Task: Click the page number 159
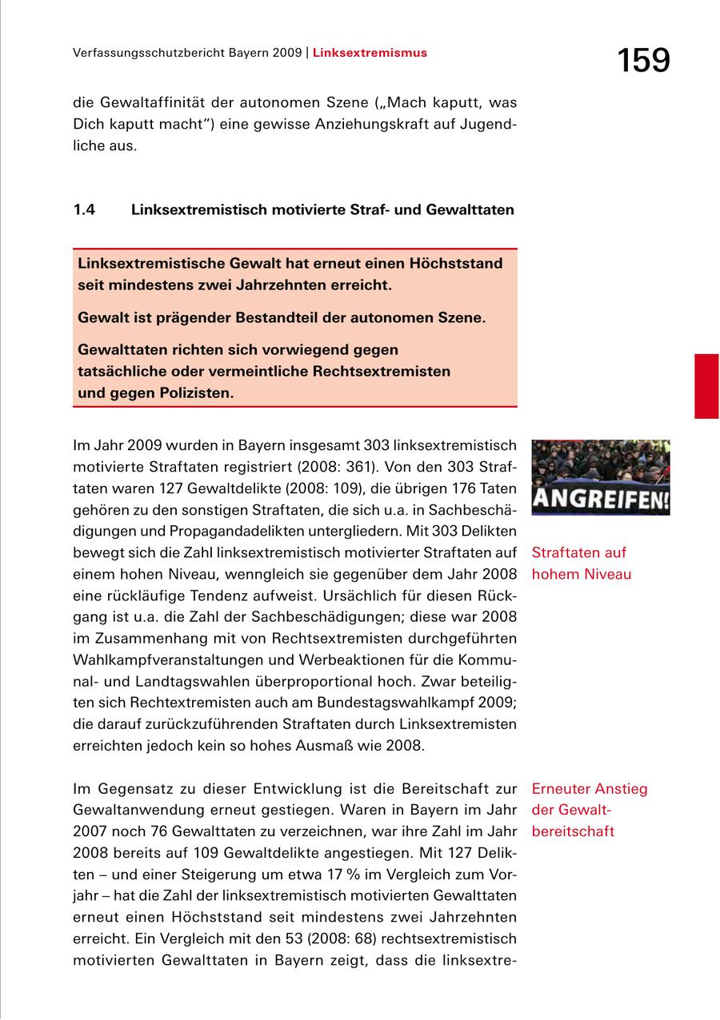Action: [x=643, y=60]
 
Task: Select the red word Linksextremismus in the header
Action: [x=370, y=54]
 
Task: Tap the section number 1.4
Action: [x=84, y=210]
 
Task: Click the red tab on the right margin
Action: [x=706, y=386]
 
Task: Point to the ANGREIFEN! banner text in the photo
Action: [x=601, y=501]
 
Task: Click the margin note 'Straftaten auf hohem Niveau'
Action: [x=582, y=564]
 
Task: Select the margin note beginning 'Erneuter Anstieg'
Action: [x=590, y=810]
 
